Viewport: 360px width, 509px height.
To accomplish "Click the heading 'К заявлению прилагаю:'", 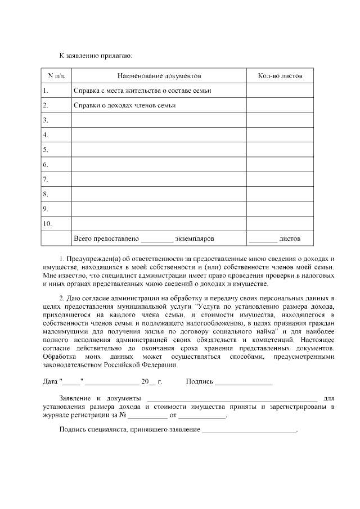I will pyautogui.click(x=96, y=56).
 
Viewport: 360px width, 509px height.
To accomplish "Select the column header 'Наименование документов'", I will pyautogui.click(x=159, y=75).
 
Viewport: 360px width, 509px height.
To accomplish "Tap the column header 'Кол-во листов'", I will pyautogui.click(x=280, y=75).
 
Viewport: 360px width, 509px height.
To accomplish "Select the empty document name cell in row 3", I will pyautogui.click(x=159, y=120).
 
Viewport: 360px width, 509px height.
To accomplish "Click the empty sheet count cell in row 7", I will pyautogui.click(x=280, y=179).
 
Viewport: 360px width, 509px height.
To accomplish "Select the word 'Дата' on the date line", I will pyautogui.click(x=50, y=382).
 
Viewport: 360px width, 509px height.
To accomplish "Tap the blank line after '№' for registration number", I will pyautogui.click(x=147, y=417).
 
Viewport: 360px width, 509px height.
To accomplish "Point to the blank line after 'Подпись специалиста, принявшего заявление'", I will pyautogui.click(x=249, y=431).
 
